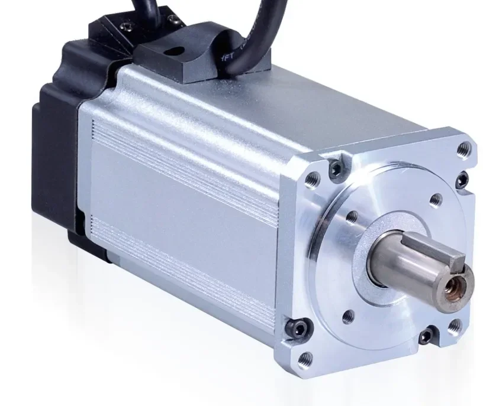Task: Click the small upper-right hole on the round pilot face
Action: tap(435, 199)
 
